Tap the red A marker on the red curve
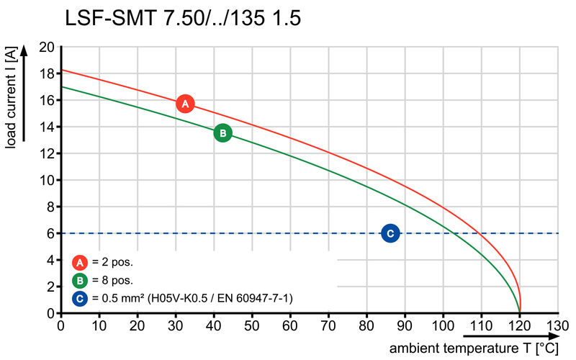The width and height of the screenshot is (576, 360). [x=185, y=104]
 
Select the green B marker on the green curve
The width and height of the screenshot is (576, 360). [x=223, y=133]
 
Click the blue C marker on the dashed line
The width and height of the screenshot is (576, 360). [x=390, y=233]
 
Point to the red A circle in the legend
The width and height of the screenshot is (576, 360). [x=81, y=262]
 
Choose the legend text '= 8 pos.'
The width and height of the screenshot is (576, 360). [x=113, y=280]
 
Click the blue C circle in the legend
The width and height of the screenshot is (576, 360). [x=81, y=297]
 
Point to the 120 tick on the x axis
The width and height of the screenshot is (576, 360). [x=520, y=326]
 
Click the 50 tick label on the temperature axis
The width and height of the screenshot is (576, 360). [x=252, y=326]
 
